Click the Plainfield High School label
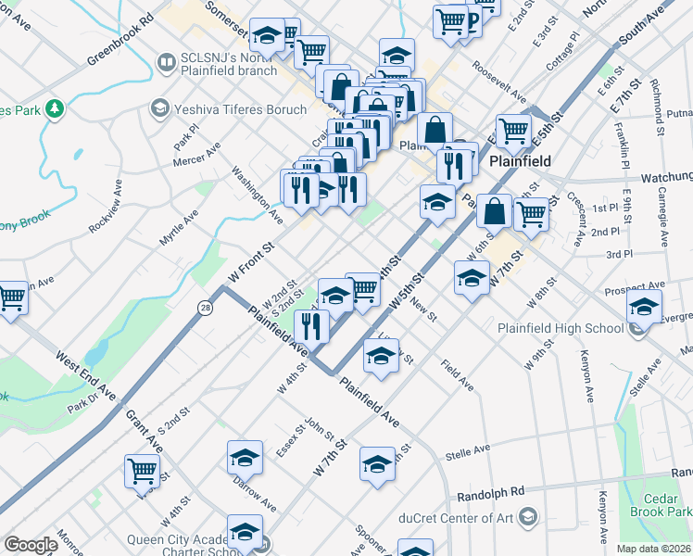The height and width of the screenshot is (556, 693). (x=560, y=328)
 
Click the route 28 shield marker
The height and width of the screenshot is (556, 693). (x=204, y=306)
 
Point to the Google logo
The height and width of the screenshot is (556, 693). (x=31, y=545)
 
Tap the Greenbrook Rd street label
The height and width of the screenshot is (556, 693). (x=120, y=38)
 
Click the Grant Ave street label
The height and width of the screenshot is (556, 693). (x=144, y=432)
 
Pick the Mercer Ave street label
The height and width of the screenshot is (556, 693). (x=196, y=154)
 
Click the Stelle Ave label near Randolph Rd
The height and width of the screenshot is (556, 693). (x=467, y=452)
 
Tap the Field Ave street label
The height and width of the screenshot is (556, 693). (x=458, y=373)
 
